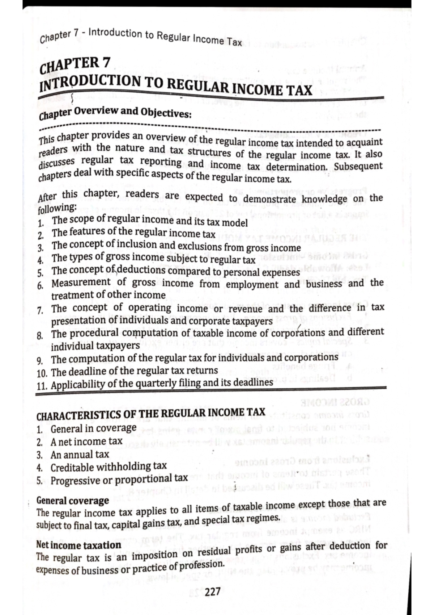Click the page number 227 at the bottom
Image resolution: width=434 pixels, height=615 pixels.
(213, 592)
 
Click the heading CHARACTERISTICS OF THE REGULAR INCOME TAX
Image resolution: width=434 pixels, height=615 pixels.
(151, 414)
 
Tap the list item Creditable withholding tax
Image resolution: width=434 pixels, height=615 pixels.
(109, 467)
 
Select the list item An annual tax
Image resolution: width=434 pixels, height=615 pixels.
(80, 454)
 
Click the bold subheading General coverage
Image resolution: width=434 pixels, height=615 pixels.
(72, 501)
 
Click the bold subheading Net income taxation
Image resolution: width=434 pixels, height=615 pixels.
(78, 545)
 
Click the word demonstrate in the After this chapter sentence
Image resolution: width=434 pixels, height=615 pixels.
(269, 199)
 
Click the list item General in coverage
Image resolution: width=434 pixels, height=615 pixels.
(93, 428)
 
